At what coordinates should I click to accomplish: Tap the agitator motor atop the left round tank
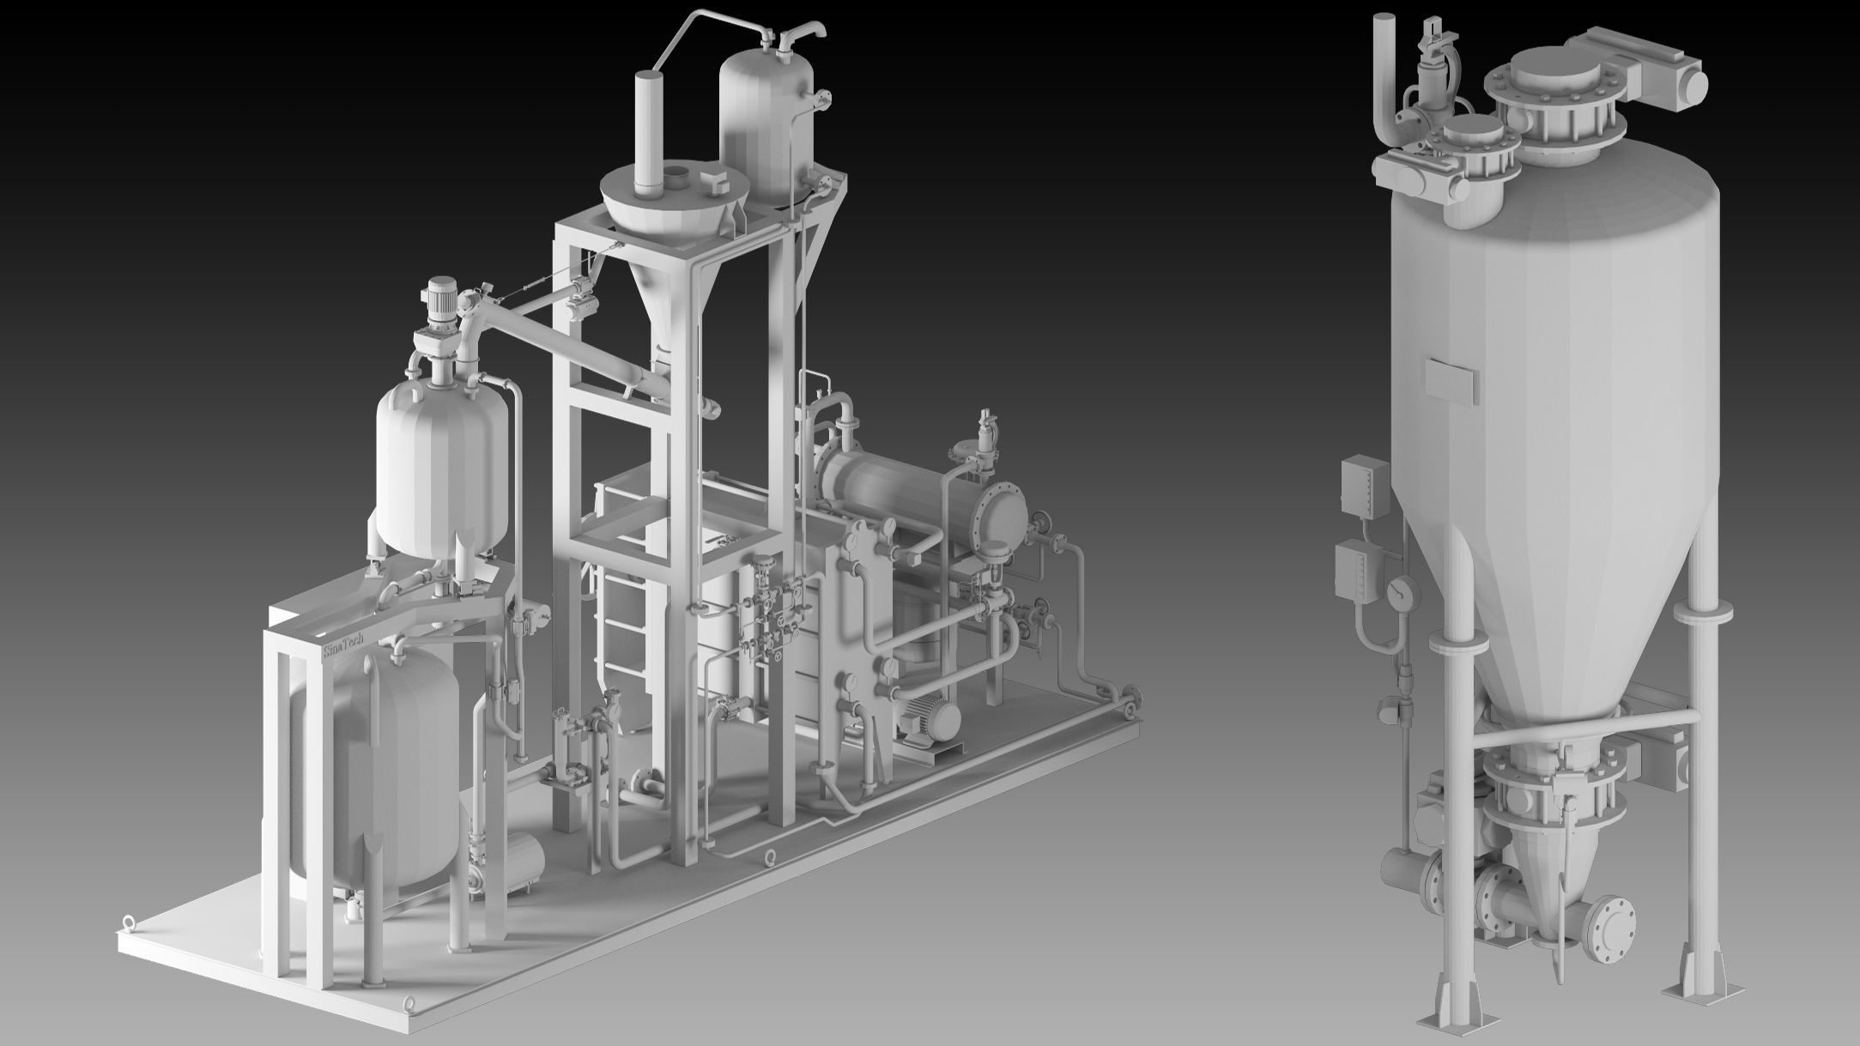tap(440, 300)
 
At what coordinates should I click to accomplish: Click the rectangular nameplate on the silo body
tap(1451, 378)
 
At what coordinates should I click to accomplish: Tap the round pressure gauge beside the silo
tap(1402, 593)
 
